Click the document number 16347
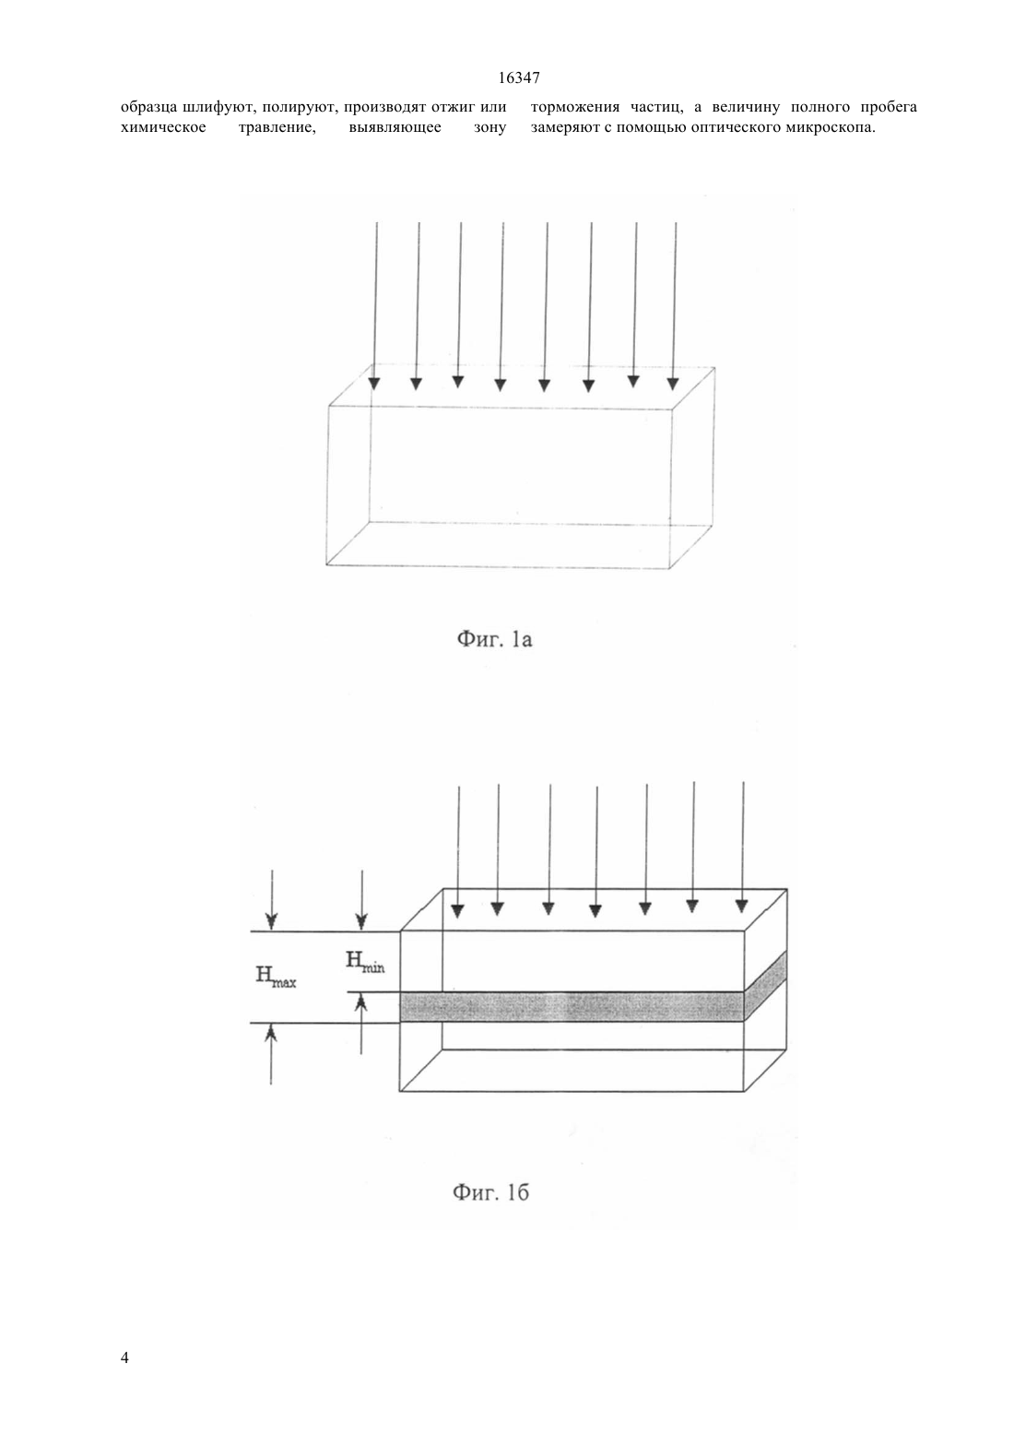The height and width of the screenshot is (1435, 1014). point(519,78)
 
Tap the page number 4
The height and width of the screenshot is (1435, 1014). point(124,1358)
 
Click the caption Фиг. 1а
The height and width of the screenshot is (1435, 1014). point(494,639)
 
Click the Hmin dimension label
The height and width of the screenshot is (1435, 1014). point(366,962)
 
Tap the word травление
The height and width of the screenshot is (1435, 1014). point(277,127)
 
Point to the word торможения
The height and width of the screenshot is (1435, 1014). point(575,107)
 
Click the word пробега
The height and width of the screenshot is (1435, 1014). point(890,107)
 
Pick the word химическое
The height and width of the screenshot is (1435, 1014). point(163,127)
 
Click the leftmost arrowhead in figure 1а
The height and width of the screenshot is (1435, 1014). point(374,384)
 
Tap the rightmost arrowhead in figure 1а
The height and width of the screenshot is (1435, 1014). point(673,383)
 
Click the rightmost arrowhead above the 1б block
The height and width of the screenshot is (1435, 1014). point(741,907)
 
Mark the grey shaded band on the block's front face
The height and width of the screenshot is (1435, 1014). point(572,1006)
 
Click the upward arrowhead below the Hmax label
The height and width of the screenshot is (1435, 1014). point(271,1033)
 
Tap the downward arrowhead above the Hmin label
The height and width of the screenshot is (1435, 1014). point(361,920)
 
